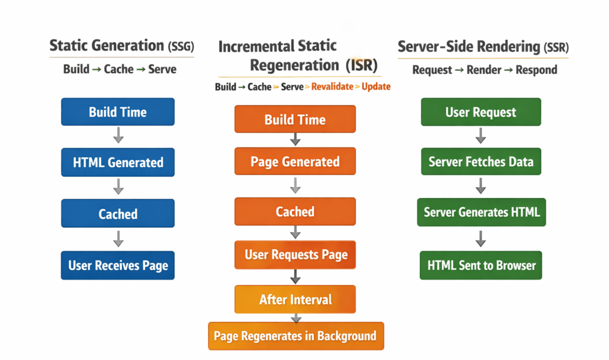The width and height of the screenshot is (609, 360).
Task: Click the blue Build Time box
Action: pyautogui.click(x=118, y=112)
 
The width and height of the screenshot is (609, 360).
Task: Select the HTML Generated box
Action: pyautogui.click(x=118, y=162)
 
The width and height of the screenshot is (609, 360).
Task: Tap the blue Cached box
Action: pyautogui.click(x=118, y=214)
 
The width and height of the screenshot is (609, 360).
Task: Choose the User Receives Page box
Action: pyautogui.click(x=118, y=265)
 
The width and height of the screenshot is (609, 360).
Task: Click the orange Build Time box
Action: pyautogui.click(x=295, y=119)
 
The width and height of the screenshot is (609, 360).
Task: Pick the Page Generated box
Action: pyautogui.click(x=295, y=162)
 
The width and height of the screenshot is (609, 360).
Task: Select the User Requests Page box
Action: pyautogui.click(x=295, y=255)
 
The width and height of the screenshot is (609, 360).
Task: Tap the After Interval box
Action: pyautogui.click(x=295, y=299)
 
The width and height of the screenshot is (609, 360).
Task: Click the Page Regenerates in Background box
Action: pyautogui.click(x=295, y=336)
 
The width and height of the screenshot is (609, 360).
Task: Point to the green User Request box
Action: pyautogui.click(x=481, y=112)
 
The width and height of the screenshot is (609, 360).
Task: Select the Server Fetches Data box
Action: pyautogui.click(x=481, y=162)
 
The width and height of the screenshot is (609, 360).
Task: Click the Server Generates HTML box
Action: pyautogui.click(x=481, y=212)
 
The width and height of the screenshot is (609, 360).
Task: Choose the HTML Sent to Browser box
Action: pyautogui.click(x=481, y=265)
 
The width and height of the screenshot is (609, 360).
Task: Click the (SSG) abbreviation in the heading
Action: pyautogui.click(x=180, y=46)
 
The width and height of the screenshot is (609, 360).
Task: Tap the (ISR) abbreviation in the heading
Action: pyautogui.click(x=360, y=65)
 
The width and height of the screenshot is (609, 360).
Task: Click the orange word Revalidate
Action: pyautogui.click(x=332, y=87)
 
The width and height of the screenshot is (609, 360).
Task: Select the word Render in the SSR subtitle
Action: pyautogui.click(x=484, y=70)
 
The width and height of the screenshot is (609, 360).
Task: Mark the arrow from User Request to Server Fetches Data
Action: pyautogui.click(x=481, y=136)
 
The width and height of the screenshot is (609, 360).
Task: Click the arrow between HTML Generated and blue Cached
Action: pyautogui.click(x=118, y=187)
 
